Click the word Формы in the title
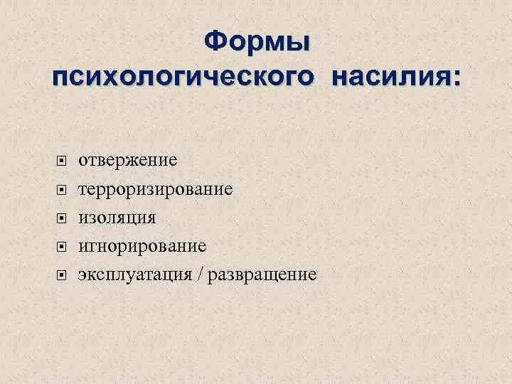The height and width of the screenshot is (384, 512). pos(256,42)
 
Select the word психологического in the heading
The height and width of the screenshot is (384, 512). pos(182,76)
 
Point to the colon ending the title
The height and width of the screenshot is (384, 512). pos(455,78)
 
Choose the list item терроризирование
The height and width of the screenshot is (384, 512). pos(155,189)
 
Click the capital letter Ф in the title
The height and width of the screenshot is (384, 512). pos(215,42)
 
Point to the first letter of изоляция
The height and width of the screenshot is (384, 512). pos(82,218)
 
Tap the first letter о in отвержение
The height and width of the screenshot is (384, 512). pos(82,161)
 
